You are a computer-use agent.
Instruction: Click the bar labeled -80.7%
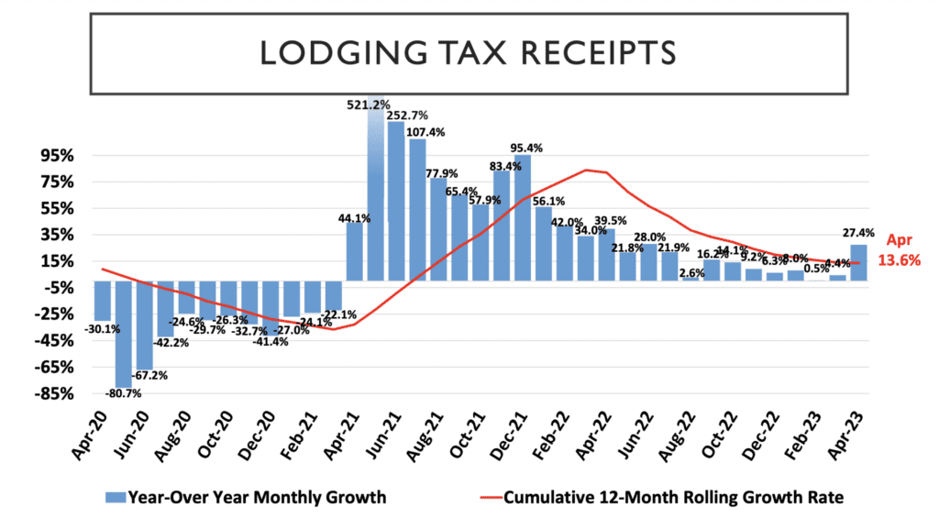(123, 334)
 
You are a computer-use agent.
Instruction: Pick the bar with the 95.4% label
(521, 218)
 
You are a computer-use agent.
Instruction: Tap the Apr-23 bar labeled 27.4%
(860, 262)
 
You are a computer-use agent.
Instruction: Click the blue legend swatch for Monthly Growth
(115, 498)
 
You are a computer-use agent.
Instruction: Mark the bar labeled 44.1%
(355, 251)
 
